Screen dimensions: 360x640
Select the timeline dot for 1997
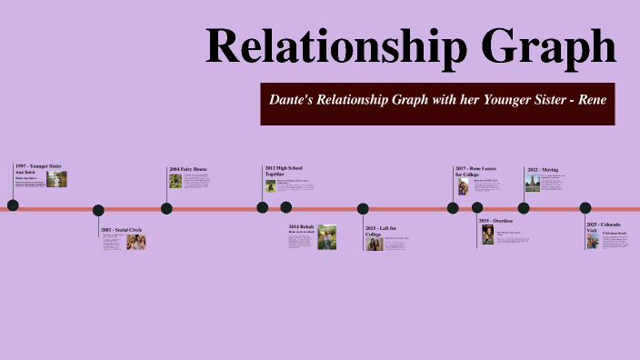(13, 205)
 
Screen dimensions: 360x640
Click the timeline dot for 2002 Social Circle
(98, 210)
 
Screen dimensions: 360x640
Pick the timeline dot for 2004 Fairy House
(166, 208)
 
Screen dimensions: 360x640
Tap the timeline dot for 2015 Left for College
(363, 208)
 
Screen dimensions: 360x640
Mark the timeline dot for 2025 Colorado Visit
(585, 208)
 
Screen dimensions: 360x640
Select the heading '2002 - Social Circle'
(121, 229)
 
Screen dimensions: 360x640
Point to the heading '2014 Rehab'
(301, 226)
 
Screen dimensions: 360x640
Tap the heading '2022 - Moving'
(543, 169)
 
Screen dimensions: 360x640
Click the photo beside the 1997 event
(56, 180)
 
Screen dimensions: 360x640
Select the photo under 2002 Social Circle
(135, 243)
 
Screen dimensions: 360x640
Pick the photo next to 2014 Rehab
(327, 238)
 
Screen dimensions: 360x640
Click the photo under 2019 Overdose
(487, 235)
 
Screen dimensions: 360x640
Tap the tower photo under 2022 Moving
(532, 183)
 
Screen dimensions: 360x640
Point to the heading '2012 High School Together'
(282, 171)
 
